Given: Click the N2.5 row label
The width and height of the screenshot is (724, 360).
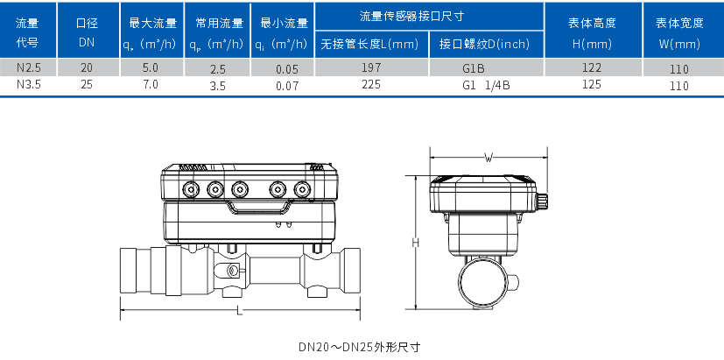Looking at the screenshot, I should pyautogui.click(x=27, y=67).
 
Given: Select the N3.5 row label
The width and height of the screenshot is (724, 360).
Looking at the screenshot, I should pyautogui.click(x=27, y=84).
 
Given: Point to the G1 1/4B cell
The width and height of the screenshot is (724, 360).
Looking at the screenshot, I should pyautogui.click(x=486, y=85).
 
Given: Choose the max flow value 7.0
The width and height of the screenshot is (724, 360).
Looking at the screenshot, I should pyautogui.click(x=150, y=84).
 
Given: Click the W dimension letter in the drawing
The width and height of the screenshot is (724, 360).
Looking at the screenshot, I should pyautogui.click(x=488, y=158).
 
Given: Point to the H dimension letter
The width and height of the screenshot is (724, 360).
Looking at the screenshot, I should pyautogui.click(x=416, y=242).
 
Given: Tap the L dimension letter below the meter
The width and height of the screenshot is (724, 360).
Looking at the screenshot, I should pyautogui.click(x=238, y=311).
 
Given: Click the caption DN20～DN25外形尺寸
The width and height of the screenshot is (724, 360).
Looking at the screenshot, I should pyautogui.click(x=361, y=346).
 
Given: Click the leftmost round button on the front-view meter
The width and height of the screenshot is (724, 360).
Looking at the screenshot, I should pyautogui.click(x=190, y=187).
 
